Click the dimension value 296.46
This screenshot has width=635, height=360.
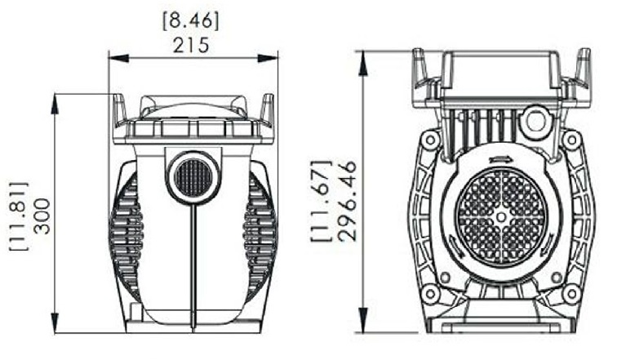point(349,200)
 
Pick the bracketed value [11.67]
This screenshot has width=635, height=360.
point(322,200)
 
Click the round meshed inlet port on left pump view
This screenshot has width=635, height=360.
point(193,176)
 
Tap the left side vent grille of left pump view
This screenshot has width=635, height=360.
point(127,224)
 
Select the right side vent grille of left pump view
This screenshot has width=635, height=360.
point(260,224)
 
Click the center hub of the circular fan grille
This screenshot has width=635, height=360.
point(500,216)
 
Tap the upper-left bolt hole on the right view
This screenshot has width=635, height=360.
point(431,140)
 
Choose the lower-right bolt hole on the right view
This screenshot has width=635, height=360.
point(571,293)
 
